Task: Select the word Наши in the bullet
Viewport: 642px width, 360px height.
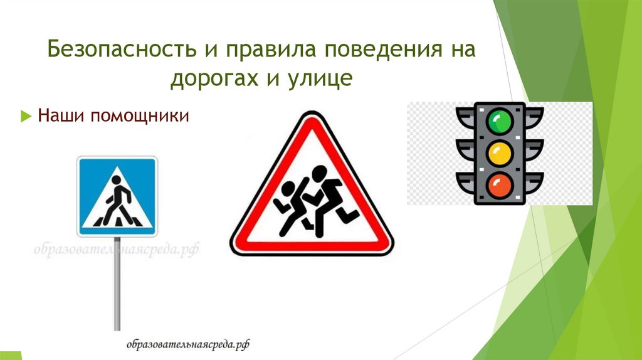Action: tap(58, 117)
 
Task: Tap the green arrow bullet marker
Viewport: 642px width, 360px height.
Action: tap(26, 117)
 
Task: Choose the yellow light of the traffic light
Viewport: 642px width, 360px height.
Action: tap(500, 152)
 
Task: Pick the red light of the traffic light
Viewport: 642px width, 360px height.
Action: tap(500, 185)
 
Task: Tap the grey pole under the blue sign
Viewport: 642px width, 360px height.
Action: tap(117, 282)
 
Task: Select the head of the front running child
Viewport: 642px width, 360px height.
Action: tap(320, 172)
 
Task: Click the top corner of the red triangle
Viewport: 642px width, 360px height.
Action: tap(310, 116)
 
